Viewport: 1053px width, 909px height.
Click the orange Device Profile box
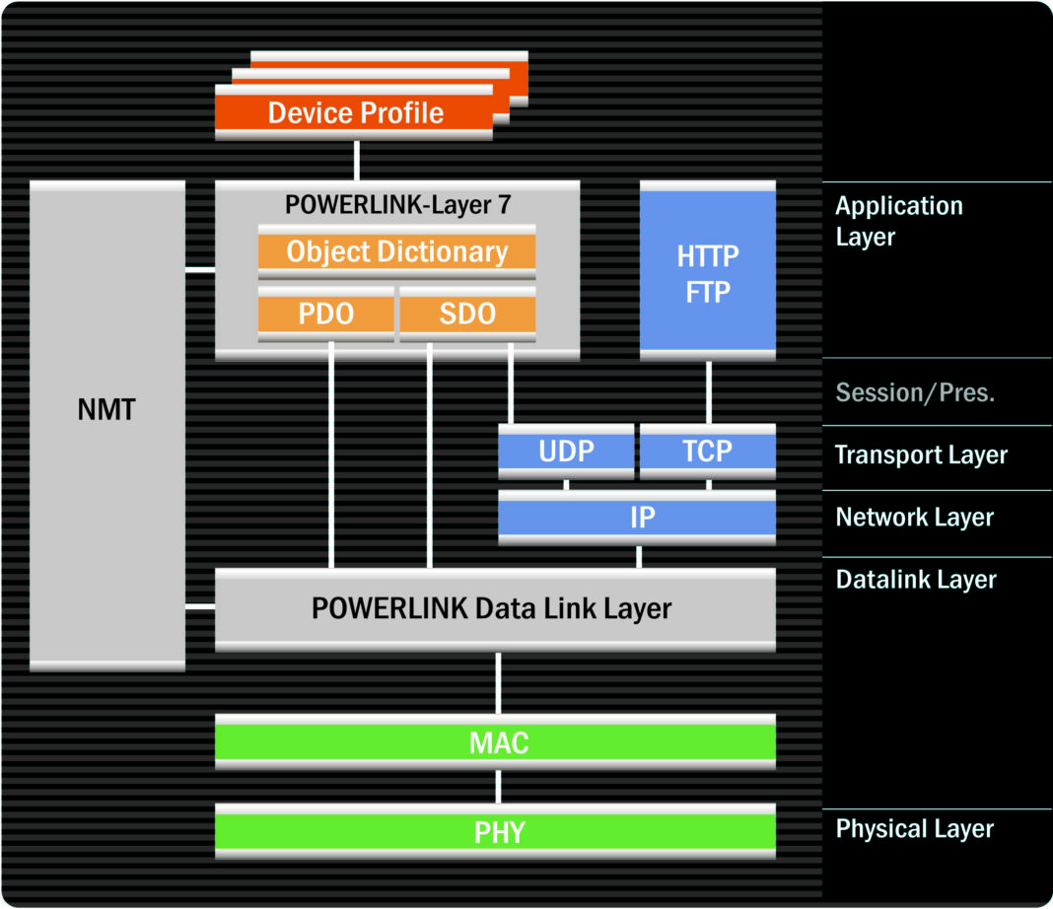(355, 112)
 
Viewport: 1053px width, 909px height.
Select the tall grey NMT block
(107, 425)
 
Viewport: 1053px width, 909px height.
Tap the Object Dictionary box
(396, 252)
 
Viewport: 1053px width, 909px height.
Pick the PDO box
(326, 315)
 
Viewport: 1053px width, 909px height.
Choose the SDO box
(467, 315)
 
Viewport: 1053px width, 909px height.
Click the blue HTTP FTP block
(708, 272)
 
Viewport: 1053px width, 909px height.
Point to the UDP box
(566, 453)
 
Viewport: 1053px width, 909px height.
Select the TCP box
(708, 453)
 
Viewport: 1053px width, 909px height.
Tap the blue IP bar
(637, 517)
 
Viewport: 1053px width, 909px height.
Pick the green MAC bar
(495, 742)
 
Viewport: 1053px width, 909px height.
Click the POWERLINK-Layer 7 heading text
(396, 204)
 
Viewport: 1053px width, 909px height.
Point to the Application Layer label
(898, 221)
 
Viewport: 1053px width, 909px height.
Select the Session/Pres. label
(915, 392)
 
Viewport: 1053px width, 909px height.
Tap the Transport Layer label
(921, 454)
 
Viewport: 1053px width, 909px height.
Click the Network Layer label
(915, 517)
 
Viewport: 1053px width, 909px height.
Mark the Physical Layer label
(915, 829)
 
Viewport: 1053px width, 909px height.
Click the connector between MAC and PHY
(498, 786)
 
